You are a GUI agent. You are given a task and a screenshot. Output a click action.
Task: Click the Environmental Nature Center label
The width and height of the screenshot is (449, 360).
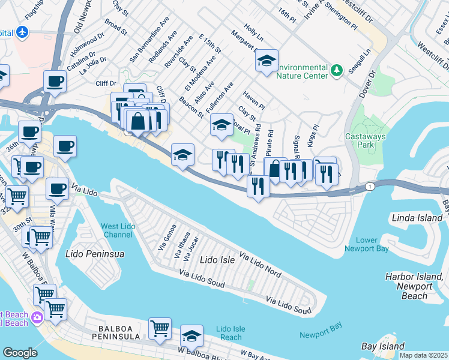coord(294,71)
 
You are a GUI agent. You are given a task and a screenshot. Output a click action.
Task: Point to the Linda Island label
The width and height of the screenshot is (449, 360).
coord(416,218)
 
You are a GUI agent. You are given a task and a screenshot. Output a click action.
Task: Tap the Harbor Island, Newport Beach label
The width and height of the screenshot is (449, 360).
coord(415,286)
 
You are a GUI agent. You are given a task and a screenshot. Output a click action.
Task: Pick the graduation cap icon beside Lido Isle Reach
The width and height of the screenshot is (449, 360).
coord(192,335)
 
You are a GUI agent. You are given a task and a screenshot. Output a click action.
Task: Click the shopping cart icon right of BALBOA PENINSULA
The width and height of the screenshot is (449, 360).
coord(160,328)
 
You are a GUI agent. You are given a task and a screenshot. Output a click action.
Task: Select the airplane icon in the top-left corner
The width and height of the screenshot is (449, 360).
coord(23,31)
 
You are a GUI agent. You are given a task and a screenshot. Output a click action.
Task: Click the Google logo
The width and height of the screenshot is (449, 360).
coord(20,353)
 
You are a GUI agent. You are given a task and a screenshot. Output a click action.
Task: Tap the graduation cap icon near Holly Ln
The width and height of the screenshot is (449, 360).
coord(267,61)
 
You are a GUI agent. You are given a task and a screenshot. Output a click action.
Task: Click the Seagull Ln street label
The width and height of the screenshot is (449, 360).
coord(366,62)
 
